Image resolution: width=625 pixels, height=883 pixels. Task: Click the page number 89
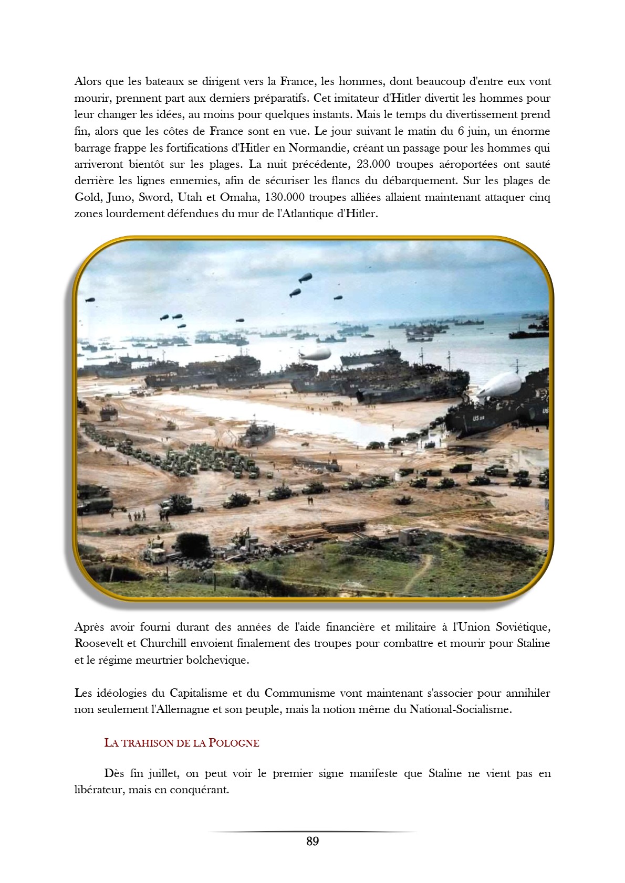pyautogui.click(x=312, y=841)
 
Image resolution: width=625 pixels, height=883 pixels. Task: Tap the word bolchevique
pyautogui.click(x=217, y=660)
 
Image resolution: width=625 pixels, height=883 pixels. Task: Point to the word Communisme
pyautogui.click(x=300, y=693)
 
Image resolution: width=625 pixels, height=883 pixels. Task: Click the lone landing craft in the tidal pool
pyautogui.click(x=258, y=434)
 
